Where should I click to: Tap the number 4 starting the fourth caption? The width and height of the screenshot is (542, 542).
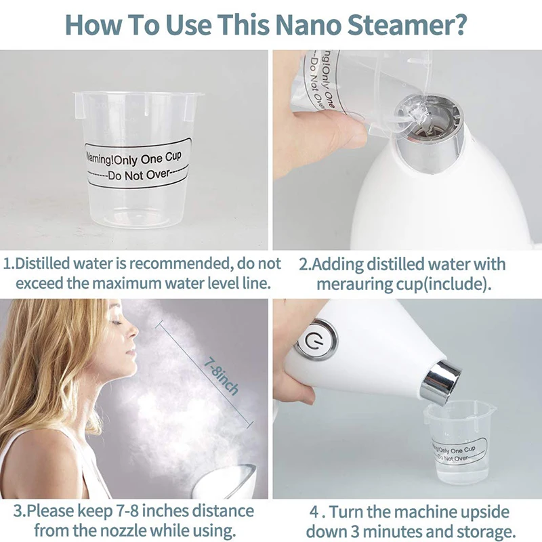(314, 512)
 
